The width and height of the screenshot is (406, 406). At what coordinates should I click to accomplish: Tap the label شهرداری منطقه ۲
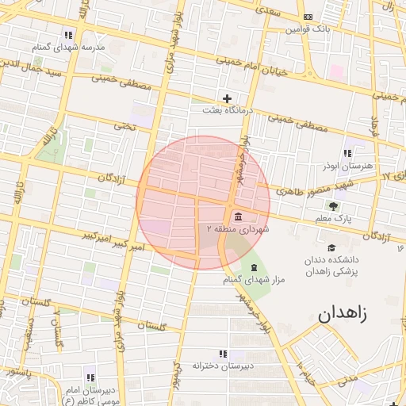[239, 228]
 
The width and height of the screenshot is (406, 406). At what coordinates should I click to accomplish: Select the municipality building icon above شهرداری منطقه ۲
[239, 216]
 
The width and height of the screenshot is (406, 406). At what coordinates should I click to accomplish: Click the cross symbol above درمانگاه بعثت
[228, 99]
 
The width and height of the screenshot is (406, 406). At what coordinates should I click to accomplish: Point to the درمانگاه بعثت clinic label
[228, 111]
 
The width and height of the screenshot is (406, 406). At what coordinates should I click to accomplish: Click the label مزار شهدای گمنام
[254, 279]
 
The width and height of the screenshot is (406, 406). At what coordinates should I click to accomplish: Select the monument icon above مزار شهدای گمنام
[254, 267]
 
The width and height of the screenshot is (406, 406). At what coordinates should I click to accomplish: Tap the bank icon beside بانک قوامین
[308, 17]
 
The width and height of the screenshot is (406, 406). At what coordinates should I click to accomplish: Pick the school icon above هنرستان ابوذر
[347, 153]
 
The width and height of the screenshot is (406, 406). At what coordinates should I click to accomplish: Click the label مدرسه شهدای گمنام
[69, 48]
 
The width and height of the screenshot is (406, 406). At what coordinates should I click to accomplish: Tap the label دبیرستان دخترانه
[222, 366]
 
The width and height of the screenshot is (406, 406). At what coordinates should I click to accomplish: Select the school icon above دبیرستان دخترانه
[222, 354]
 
